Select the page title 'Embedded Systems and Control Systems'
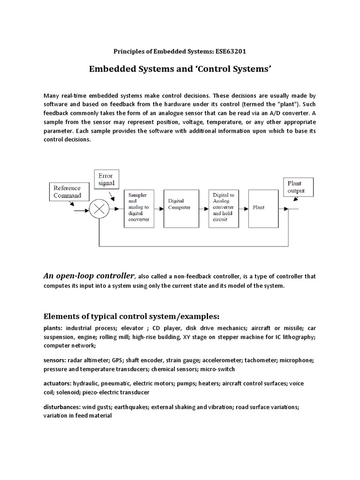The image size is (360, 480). [180, 69]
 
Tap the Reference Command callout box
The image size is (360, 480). [67, 192]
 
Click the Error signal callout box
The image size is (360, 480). [107, 178]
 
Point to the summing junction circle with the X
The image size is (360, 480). [99, 209]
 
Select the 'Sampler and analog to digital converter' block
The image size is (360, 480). [139, 209]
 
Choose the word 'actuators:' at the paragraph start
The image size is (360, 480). [57, 383]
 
